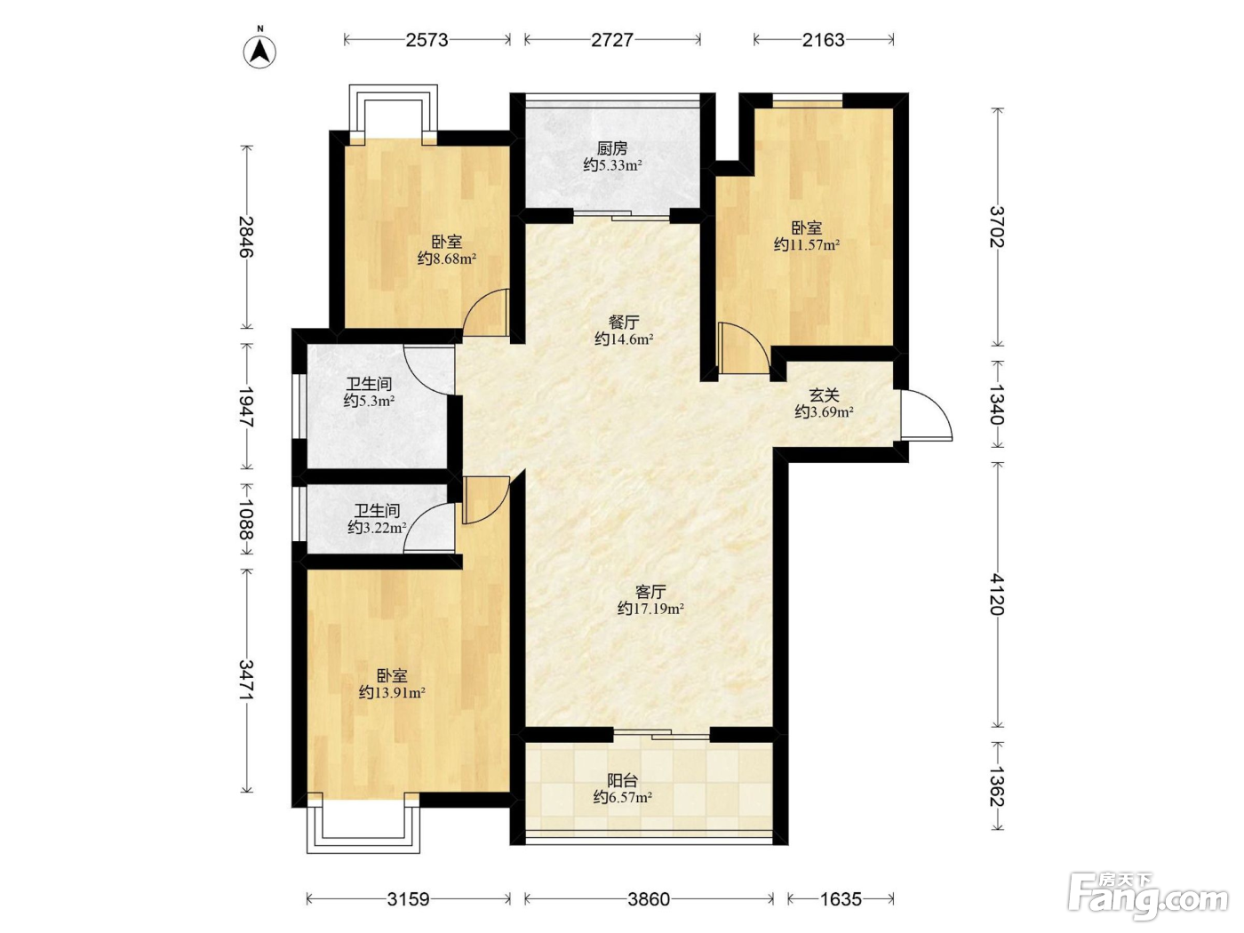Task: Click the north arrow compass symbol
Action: pyautogui.click(x=259, y=50)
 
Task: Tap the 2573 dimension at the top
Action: pyautogui.click(x=427, y=40)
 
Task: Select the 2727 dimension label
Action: pyautogui.click(x=612, y=40)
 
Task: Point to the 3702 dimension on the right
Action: pyautogui.click(x=998, y=227)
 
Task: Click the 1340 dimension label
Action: pyautogui.click(x=998, y=404)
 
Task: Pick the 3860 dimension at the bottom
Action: pyautogui.click(x=649, y=899)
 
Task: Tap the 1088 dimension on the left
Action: pyautogui.click(x=246, y=518)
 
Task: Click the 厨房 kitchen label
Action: pyautogui.click(x=612, y=149)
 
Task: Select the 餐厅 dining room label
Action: pyautogui.click(x=624, y=323)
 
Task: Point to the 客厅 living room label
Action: pyautogui.click(x=650, y=592)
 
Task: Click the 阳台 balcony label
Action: pyautogui.click(x=622, y=781)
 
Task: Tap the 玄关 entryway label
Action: pyautogui.click(x=824, y=395)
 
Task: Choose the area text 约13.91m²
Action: pyautogui.click(x=392, y=692)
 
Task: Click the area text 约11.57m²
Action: pyautogui.click(x=807, y=244)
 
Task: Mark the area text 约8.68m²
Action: pyautogui.click(x=447, y=259)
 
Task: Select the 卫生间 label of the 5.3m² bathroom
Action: pyautogui.click(x=369, y=384)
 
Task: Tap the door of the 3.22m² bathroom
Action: pyautogui.click(x=428, y=528)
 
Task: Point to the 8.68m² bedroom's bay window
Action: pyautogui.click(x=393, y=114)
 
